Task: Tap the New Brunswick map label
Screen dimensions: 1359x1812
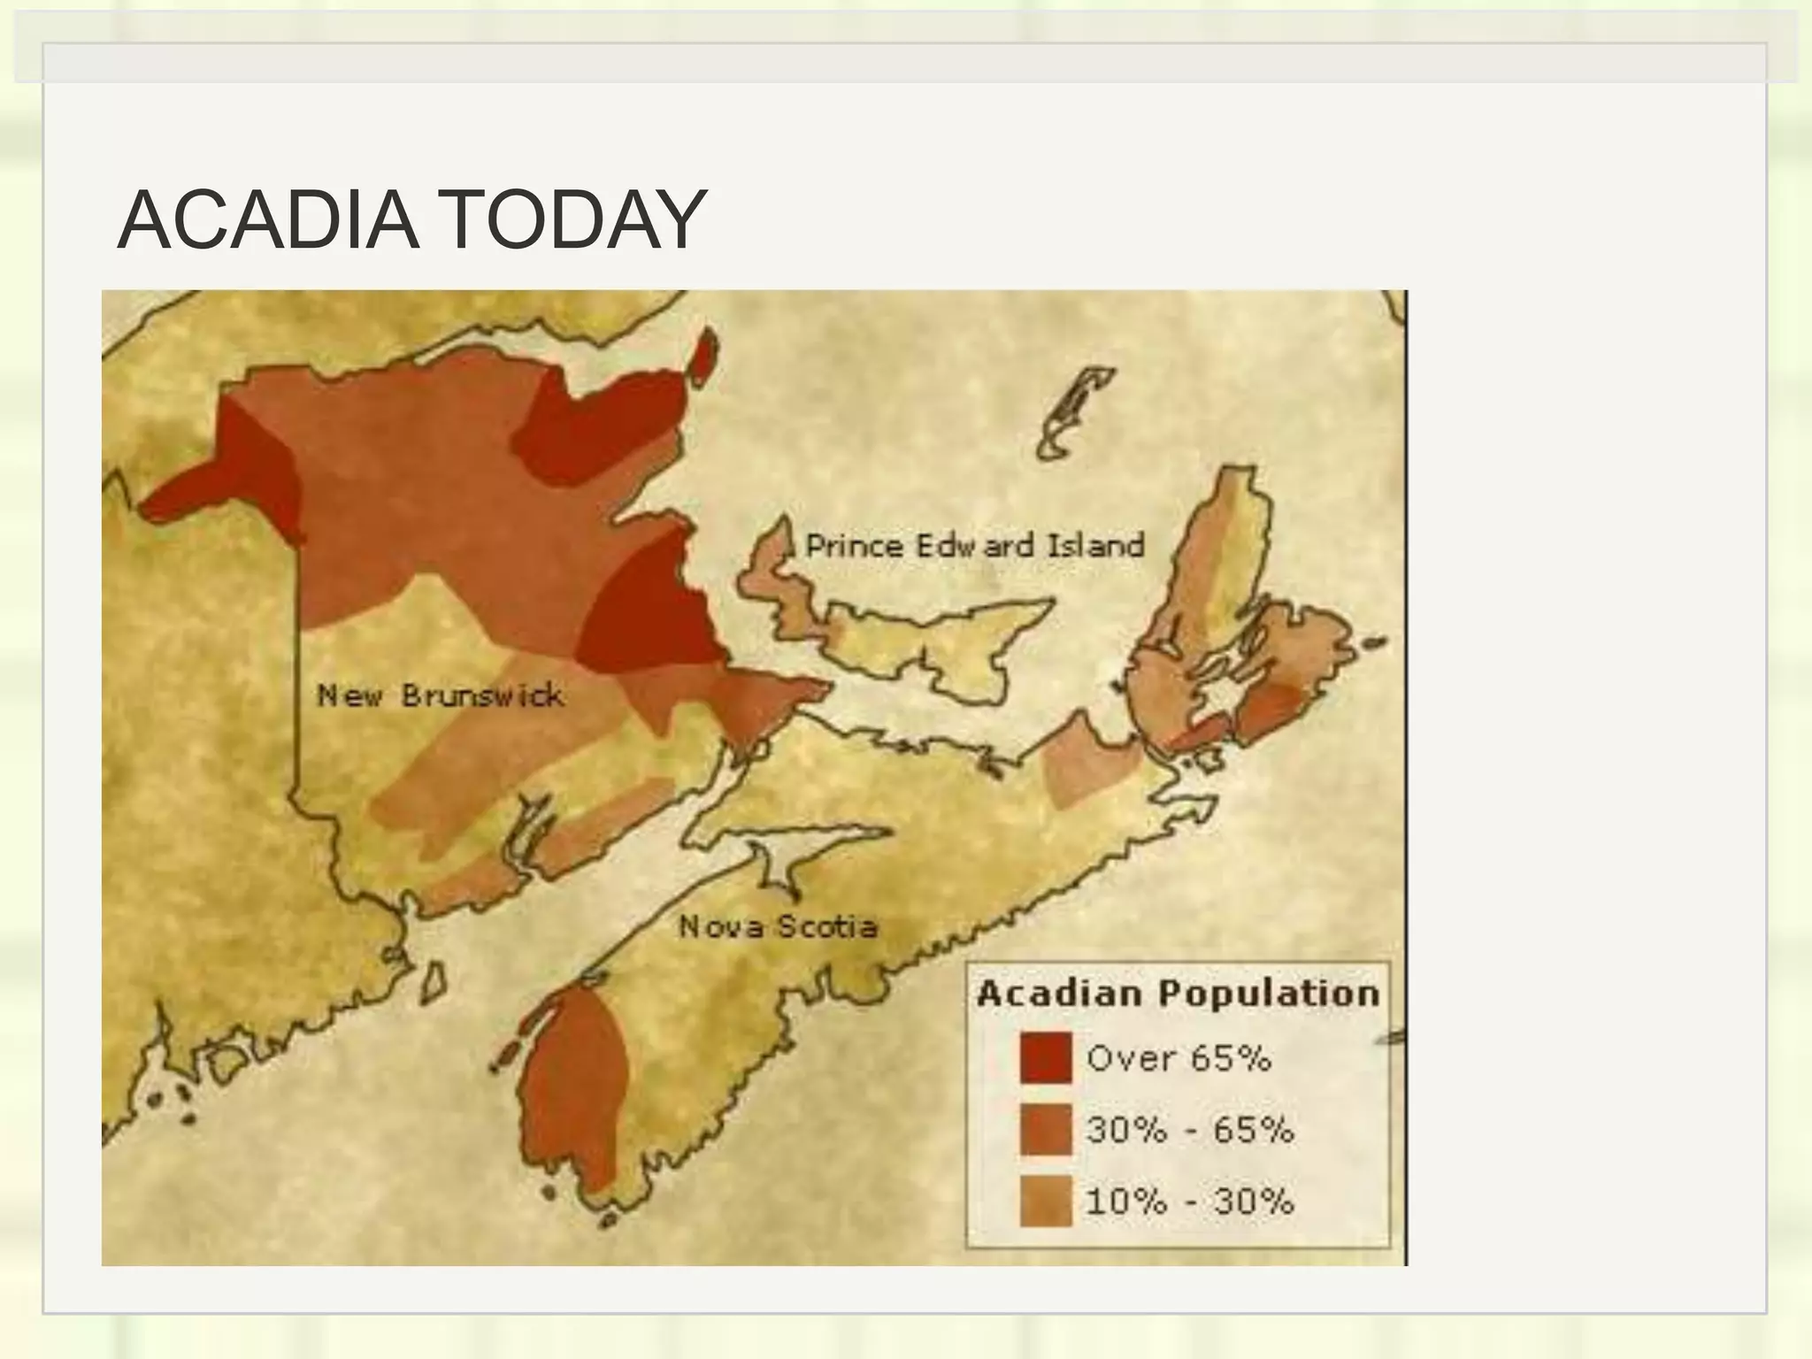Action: click(440, 695)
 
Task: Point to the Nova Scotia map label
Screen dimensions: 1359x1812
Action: click(778, 926)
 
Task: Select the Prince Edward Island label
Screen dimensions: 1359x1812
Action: click(974, 545)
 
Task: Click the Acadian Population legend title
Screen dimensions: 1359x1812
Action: click(1178, 994)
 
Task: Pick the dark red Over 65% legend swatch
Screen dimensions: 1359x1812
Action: click(1045, 1058)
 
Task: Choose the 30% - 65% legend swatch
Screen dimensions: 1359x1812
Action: click(1045, 1130)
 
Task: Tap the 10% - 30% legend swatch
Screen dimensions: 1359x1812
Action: click(1045, 1202)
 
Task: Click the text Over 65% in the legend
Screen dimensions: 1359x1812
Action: click(1179, 1058)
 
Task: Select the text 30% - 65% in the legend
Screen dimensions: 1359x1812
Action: click(1190, 1130)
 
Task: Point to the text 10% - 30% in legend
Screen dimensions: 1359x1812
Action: click(1190, 1202)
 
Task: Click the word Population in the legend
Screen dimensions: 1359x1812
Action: click(1268, 994)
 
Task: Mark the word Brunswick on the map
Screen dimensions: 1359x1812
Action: click(482, 695)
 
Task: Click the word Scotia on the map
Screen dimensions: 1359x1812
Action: click(827, 926)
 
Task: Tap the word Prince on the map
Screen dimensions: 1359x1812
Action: click(855, 545)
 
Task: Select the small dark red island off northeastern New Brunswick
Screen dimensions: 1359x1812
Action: click(703, 357)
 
